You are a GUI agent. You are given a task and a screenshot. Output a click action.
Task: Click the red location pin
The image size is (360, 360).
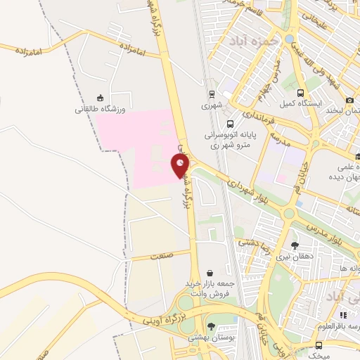tap(180, 165)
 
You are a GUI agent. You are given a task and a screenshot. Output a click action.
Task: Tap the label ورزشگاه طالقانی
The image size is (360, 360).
tap(101, 110)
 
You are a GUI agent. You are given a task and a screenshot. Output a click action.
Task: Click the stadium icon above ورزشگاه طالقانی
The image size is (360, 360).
tap(101, 98)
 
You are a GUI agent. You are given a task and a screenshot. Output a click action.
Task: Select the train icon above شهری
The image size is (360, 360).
tap(211, 93)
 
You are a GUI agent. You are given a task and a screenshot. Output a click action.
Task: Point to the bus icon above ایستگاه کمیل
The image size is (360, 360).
tap(301, 93)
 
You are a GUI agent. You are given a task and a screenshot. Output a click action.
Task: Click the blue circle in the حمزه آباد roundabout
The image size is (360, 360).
tap(289, 39)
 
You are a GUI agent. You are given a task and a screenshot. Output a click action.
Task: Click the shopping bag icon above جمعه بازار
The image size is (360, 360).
tap(210, 271)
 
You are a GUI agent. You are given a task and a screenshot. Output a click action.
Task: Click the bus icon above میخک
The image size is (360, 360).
tap(319, 345)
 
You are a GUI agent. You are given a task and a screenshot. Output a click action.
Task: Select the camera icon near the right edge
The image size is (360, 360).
tap(349, 101)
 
